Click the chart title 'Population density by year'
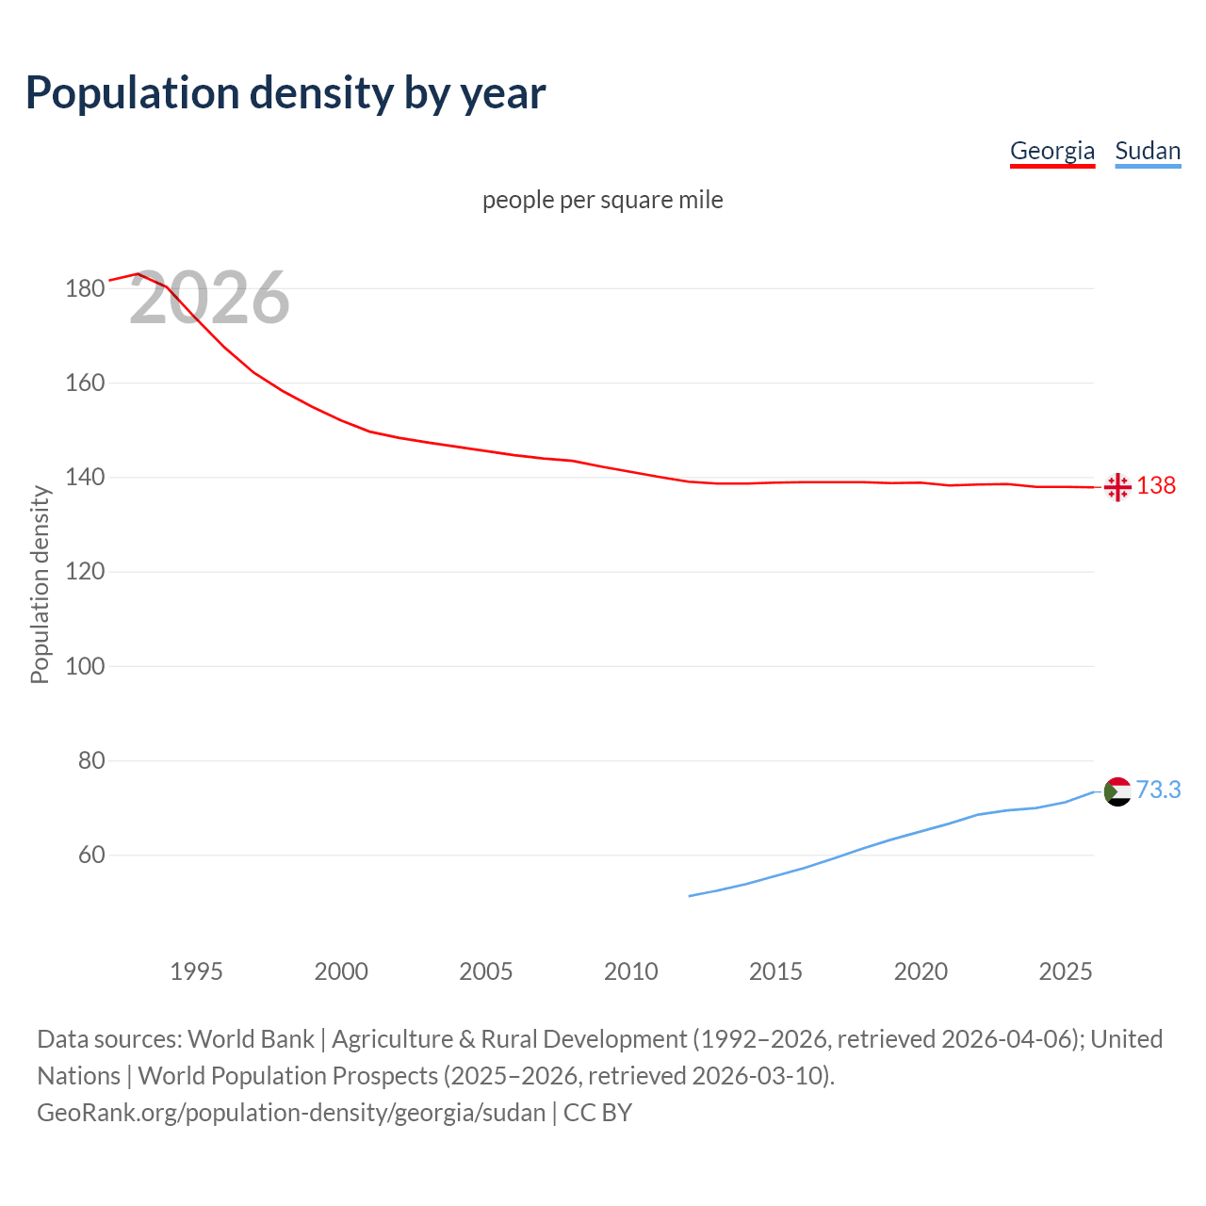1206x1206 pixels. (285, 92)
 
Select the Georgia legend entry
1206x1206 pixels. (1051, 151)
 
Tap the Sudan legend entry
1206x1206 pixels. (1147, 151)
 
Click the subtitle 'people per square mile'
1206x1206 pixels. (602, 200)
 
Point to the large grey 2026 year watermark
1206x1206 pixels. (209, 298)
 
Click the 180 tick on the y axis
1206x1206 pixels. (85, 288)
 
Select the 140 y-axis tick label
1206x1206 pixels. (85, 478)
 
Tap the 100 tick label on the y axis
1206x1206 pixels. (85, 666)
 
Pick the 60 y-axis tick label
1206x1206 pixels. (90, 856)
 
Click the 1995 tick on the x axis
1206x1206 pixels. (196, 971)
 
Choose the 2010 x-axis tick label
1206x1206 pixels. (630, 971)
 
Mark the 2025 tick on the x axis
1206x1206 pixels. (1065, 971)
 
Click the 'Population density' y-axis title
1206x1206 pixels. (40, 584)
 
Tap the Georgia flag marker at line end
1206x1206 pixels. (1117, 487)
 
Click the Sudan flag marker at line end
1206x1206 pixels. (1117, 791)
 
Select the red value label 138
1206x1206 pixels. (1156, 485)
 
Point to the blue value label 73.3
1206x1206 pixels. (1158, 790)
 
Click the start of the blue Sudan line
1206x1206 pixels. (690, 896)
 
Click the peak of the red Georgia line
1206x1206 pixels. (138, 274)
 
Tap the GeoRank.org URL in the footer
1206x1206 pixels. (291, 1113)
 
